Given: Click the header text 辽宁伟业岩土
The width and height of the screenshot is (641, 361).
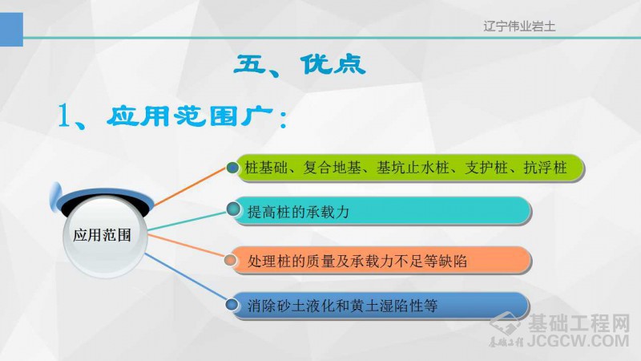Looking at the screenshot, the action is (519, 26).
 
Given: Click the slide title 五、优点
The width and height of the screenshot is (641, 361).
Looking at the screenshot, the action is (300, 65).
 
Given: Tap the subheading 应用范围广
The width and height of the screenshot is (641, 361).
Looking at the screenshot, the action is (190, 116).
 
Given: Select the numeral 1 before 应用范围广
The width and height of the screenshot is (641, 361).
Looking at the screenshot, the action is (64, 116).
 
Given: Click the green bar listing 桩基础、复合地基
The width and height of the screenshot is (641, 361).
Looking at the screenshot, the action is (409, 168).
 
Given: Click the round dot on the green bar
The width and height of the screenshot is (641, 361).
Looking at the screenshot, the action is (232, 168).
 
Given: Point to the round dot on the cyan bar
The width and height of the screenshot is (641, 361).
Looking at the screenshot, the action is (233, 209).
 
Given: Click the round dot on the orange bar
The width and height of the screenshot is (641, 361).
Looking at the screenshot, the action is (230, 260).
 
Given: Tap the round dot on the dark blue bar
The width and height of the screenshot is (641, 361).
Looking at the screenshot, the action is (232, 305).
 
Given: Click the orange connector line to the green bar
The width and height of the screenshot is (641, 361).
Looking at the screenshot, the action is (190, 186).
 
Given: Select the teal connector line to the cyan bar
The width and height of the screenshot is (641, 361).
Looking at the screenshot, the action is (187, 221).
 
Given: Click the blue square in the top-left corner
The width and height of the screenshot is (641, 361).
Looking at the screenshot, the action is (11, 30).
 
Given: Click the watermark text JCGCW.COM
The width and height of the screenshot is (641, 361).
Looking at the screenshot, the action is (578, 341).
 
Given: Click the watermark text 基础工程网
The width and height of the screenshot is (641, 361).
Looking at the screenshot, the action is (579, 323).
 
